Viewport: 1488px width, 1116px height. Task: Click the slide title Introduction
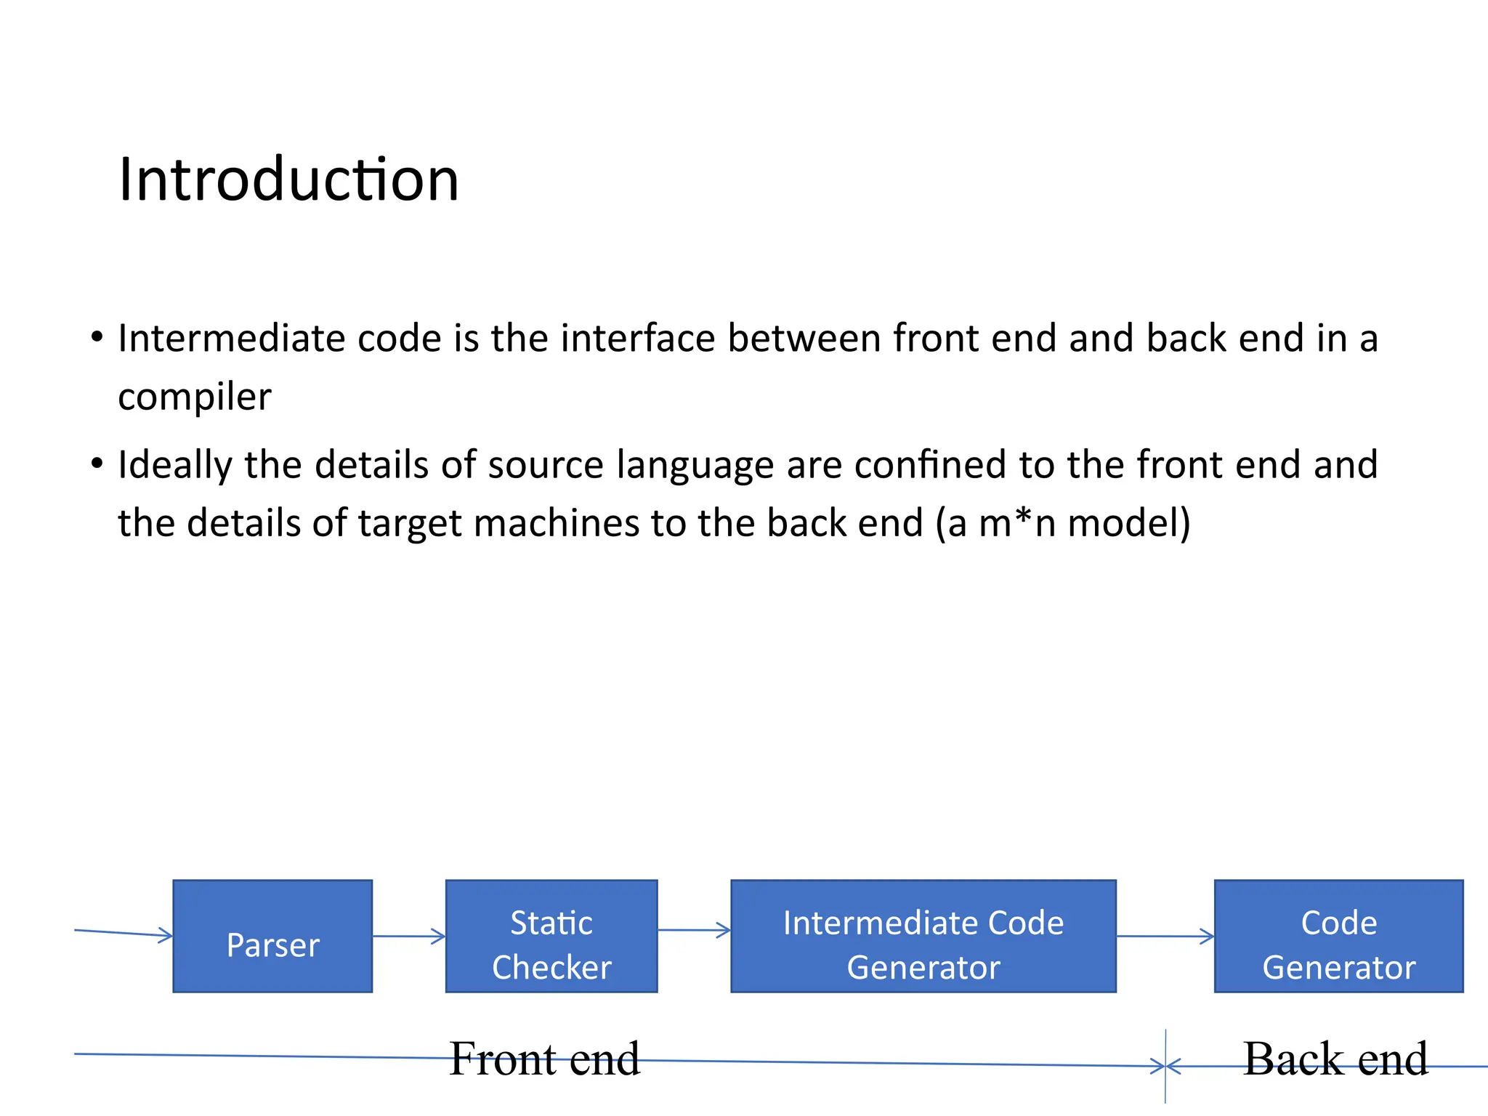288,179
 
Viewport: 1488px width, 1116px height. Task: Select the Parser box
272,937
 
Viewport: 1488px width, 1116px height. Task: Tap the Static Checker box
551,937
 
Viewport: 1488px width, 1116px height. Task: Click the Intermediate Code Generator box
923,937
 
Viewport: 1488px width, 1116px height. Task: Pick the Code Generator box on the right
1338,937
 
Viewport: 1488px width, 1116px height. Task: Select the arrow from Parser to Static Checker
408,936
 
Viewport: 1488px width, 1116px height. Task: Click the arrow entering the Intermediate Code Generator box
694,930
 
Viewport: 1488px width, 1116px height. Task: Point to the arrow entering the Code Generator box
1165,936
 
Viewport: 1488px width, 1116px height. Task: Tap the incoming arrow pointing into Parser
124,933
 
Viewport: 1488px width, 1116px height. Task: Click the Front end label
544,1059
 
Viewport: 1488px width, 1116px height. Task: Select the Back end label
1335,1059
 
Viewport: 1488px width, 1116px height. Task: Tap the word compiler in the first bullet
194,397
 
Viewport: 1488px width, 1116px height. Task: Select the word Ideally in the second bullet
174,465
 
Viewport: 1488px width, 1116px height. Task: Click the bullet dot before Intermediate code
97,337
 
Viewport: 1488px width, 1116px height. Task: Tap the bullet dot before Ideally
97,463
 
